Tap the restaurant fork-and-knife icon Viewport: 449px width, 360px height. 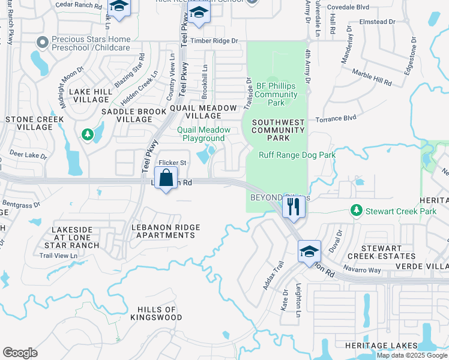click(294, 206)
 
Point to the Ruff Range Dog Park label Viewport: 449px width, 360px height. click(297, 155)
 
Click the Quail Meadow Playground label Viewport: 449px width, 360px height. click(203, 134)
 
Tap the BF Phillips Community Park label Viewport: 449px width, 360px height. click(276, 94)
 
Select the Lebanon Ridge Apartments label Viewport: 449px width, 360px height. click(165, 230)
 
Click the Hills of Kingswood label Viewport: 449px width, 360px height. click(154, 313)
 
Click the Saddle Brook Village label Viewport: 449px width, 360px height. click(126, 115)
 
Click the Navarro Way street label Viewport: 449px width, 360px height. click(362, 270)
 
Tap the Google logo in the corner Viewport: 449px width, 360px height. click(20, 353)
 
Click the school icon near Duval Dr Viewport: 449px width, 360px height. click(309, 250)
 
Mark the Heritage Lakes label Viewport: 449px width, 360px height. click(381, 346)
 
